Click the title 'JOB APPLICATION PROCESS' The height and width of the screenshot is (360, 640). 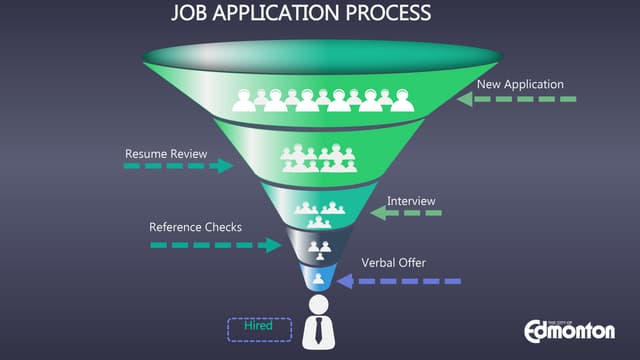coord(301,14)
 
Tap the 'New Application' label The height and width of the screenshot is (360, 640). coord(520,84)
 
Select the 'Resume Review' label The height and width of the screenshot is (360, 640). coord(166,154)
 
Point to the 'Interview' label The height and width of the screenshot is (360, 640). coord(411,200)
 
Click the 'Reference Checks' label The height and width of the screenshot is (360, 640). coord(195,227)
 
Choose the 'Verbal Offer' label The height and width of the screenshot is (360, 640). coord(393,263)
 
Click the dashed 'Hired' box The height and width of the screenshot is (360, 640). coord(259,328)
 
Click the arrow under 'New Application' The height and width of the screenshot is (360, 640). coord(516,99)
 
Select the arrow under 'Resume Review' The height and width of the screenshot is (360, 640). coord(178,166)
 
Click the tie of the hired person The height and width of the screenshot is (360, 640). coord(320,332)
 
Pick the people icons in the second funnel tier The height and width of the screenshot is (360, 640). coord(320,157)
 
